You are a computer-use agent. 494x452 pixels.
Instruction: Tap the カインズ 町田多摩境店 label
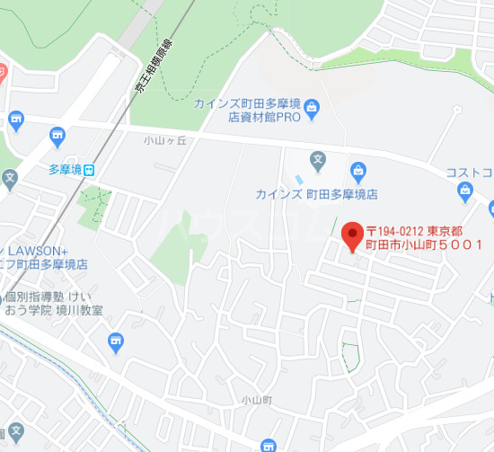315,194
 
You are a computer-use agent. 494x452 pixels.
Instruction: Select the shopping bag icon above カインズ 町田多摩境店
357,170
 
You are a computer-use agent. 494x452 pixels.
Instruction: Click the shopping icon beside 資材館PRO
312,110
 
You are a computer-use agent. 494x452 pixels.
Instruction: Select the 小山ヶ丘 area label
163,140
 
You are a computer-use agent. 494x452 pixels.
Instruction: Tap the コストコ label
470,172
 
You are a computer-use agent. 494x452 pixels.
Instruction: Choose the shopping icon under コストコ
464,190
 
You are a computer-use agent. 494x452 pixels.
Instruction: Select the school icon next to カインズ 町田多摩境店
317,163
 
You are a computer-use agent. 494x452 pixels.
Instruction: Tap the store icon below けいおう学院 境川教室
115,340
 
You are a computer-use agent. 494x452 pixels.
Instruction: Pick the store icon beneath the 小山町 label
268,445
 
